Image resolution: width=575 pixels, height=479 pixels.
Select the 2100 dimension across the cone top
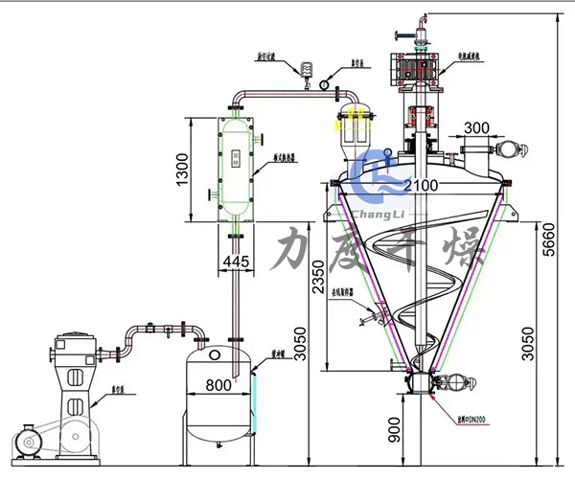[420, 184]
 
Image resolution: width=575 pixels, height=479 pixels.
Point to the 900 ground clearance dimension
[395, 432]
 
